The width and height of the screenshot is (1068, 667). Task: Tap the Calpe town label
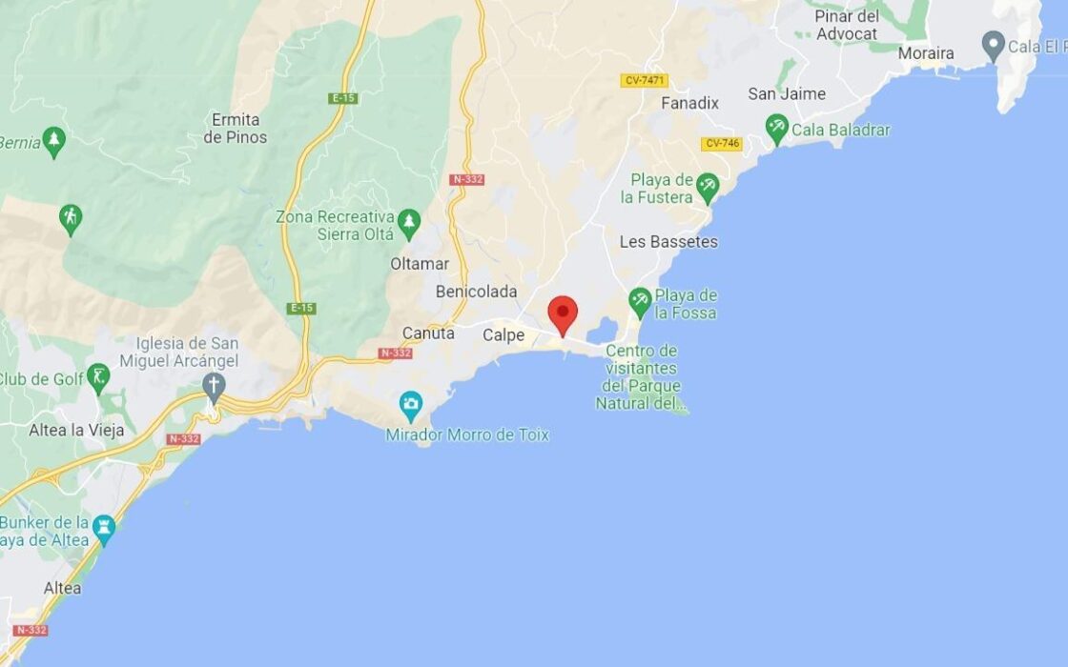503,335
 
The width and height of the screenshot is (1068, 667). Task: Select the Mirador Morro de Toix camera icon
411,403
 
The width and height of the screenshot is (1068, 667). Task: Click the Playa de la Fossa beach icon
641,301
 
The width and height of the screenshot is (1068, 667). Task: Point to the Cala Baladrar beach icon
777,128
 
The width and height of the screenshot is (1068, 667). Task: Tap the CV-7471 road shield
644,81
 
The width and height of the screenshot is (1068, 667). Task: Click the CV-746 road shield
721,144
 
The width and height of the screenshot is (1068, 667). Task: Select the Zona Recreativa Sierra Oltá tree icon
409,222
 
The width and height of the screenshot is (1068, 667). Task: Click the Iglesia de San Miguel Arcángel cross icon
214,386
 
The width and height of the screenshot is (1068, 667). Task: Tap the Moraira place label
925,53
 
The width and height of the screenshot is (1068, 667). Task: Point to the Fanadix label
689,103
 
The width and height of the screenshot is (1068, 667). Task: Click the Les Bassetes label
668,242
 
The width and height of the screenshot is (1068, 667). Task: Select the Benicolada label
476,292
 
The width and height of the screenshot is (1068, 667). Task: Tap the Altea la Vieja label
76,430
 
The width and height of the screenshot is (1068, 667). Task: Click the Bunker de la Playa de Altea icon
104,526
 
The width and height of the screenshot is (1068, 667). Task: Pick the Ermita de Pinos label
236,129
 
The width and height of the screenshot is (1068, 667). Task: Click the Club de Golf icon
98,376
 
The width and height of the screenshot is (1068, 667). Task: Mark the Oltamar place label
420,263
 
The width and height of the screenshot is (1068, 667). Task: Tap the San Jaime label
787,93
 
